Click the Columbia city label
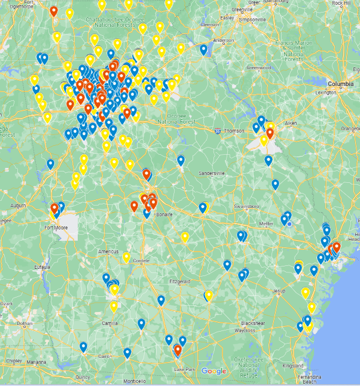tap(341, 84)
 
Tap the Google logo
tap(213, 371)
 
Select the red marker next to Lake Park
tap(178, 350)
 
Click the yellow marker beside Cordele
tap(126, 258)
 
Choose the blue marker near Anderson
tap(203, 50)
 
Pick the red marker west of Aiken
tap(270, 133)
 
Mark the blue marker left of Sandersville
tap(181, 160)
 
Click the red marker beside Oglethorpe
tap(54, 11)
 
